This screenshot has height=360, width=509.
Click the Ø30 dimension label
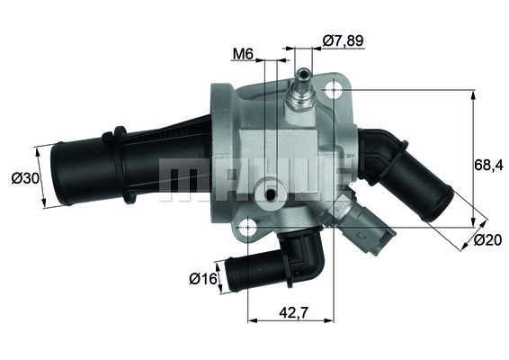coord(22,179)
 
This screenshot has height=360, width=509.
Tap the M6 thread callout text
coord(242,55)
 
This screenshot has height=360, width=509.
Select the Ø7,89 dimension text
coord(343,40)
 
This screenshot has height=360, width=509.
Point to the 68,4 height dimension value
coord(487,165)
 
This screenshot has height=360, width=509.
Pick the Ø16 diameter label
coord(201,278)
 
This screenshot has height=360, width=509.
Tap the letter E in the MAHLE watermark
coord(328,179)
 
